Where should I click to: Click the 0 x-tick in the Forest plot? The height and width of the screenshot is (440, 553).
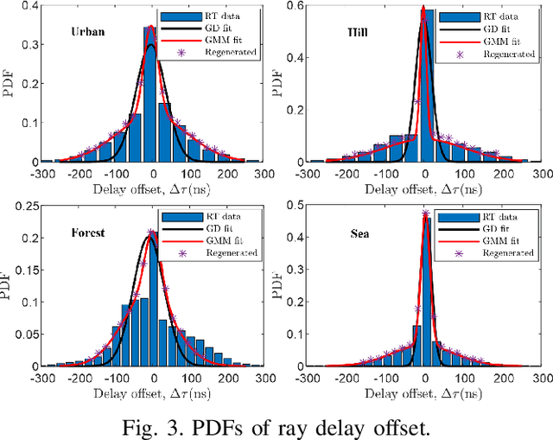154,377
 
